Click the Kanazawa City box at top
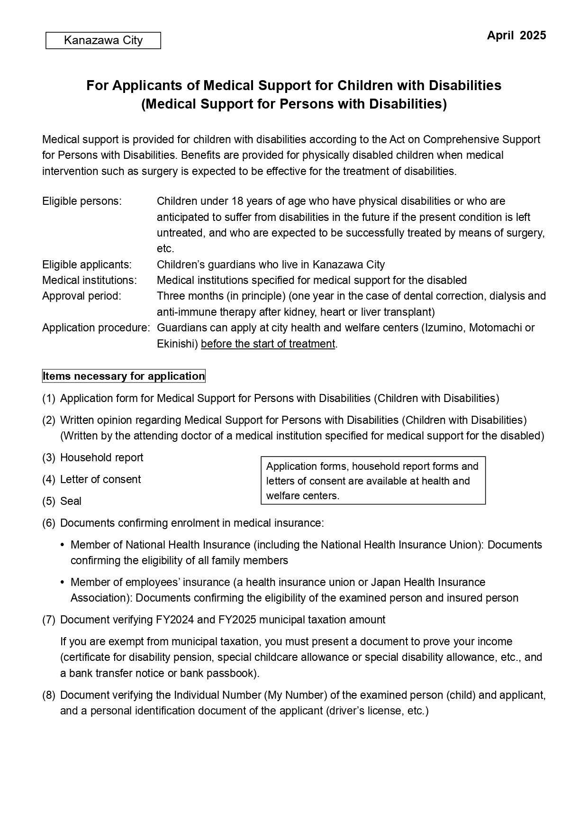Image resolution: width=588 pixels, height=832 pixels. [103, 40]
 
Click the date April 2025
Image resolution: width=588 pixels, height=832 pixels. [516, 36]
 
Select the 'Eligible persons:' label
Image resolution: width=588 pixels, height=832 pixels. [82, 201]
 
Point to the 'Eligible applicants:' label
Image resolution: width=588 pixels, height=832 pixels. [87, 265]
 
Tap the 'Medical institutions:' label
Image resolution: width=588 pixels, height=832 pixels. [89, 280]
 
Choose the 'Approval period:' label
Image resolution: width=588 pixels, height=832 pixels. [81, 296]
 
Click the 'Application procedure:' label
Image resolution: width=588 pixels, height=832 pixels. [96, 328]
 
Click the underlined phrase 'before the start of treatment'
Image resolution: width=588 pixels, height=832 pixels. [268, 344]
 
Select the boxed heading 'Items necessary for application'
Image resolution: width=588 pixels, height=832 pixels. [124, 376]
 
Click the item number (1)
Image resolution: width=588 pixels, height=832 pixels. [49, 398]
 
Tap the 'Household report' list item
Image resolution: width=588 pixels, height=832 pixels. [101, 457]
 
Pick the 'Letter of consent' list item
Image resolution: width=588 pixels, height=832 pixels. [100, 479]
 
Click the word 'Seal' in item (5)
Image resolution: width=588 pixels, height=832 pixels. [71, 501]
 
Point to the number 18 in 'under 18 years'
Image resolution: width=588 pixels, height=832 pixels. [237, 201]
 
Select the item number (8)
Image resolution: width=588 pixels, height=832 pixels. [49, 695]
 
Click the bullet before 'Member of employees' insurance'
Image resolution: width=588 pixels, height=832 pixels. [63, 582]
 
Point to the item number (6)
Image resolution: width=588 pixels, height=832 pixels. [49, 523]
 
